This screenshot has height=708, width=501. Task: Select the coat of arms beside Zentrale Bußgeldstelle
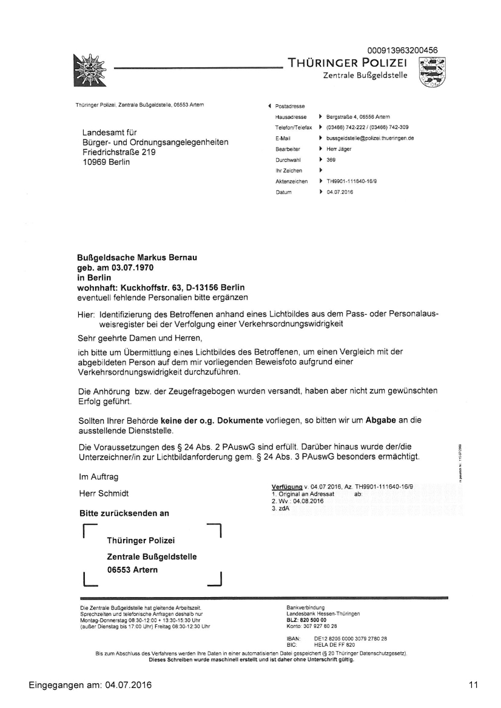[432, 72]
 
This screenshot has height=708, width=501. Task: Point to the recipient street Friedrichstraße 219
[119, 153]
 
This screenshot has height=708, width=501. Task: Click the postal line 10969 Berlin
[106, 162]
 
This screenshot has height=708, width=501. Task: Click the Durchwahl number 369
[331, 160]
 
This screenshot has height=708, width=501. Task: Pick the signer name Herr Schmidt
[104, 493]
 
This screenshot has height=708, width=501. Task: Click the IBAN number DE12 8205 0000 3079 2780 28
[350, 639]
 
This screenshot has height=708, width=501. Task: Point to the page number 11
[473, 685]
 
